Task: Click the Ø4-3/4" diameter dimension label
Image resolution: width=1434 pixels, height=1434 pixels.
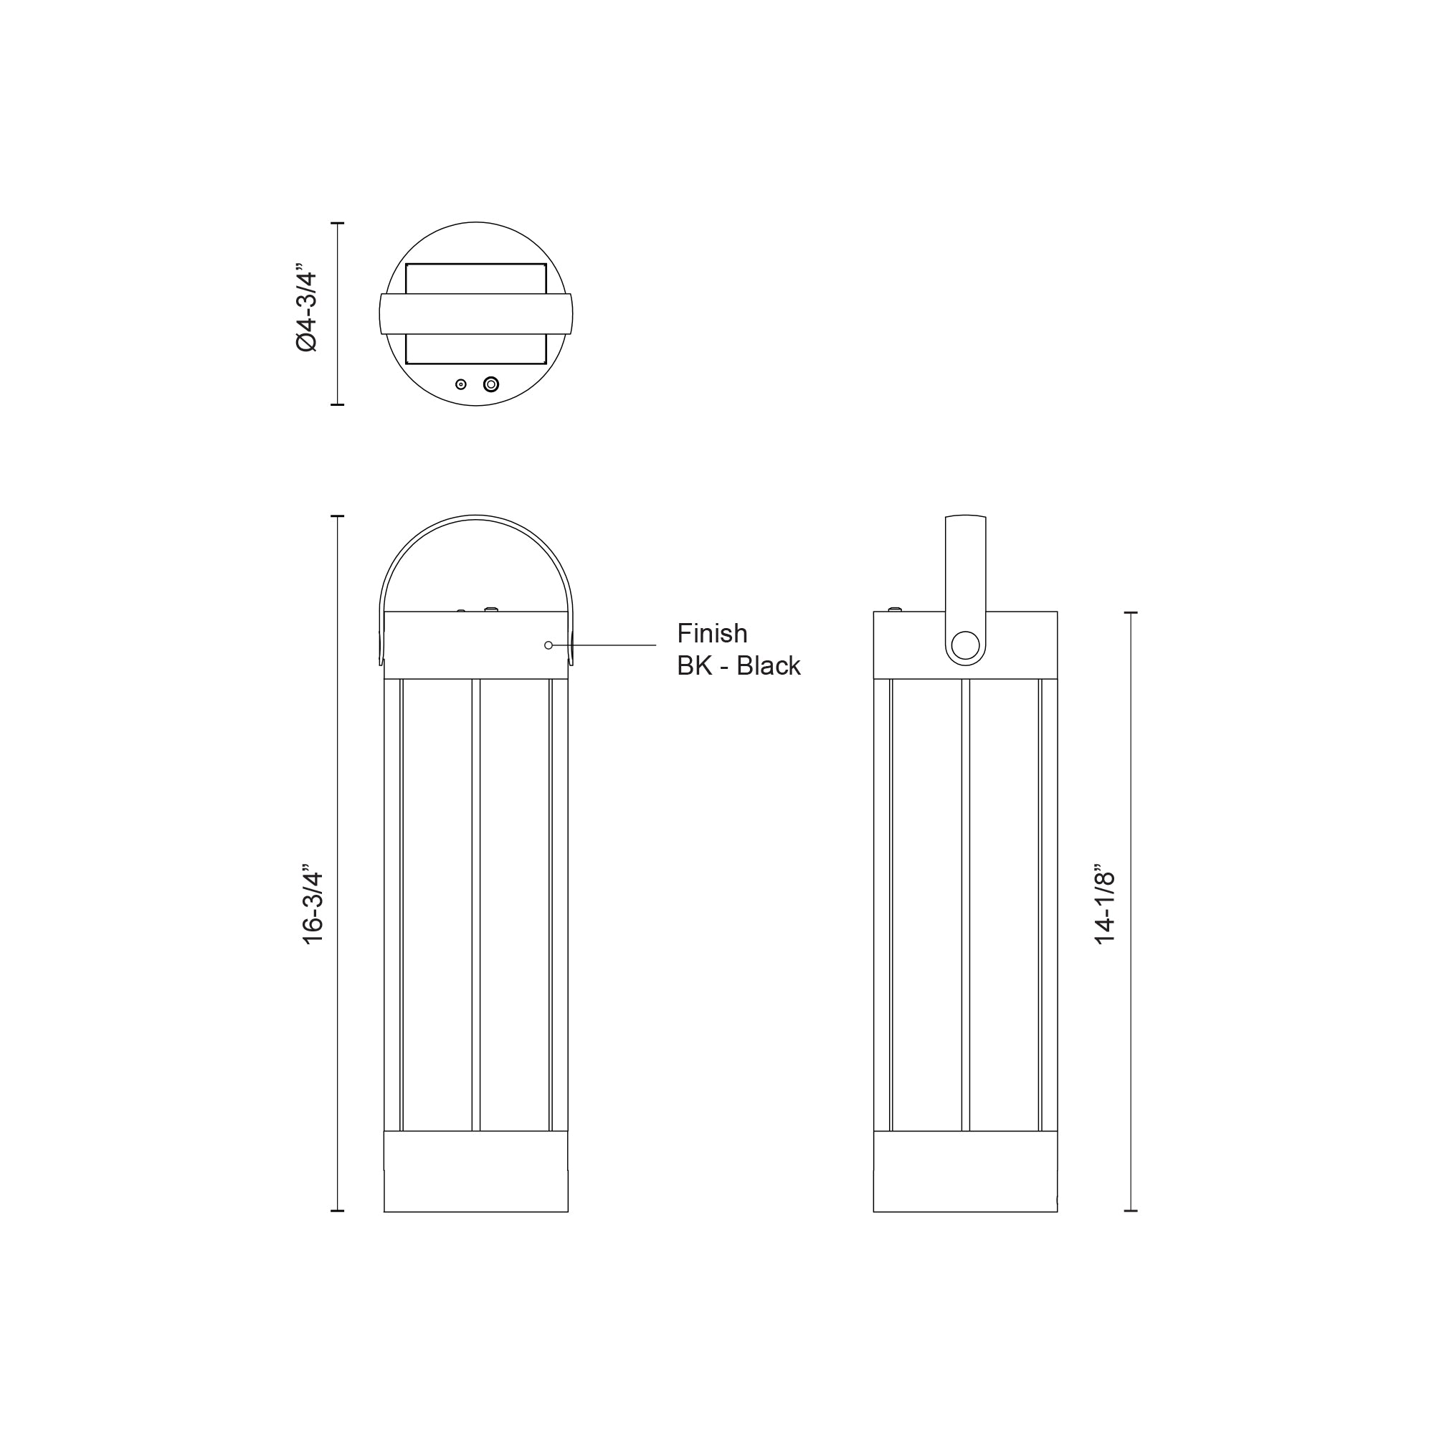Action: point(307,308)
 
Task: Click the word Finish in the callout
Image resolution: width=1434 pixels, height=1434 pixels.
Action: point(712,633)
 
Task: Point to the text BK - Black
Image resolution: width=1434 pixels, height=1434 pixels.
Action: point(739,666)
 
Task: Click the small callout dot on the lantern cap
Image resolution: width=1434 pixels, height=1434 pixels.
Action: point(549,645)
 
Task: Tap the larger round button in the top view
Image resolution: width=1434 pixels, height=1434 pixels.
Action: point(490,384)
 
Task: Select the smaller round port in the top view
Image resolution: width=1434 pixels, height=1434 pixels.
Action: point(461,384)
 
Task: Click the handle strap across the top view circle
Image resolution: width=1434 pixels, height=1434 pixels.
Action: point(476,314)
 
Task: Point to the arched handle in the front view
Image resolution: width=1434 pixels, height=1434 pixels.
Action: point(476,516)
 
